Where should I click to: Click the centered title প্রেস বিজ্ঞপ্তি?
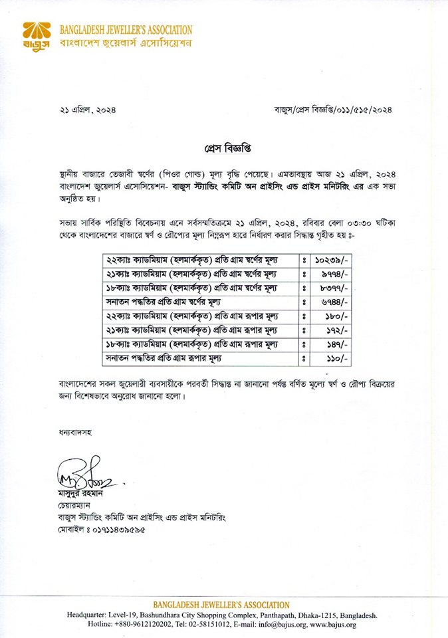(x=223, y=144)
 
